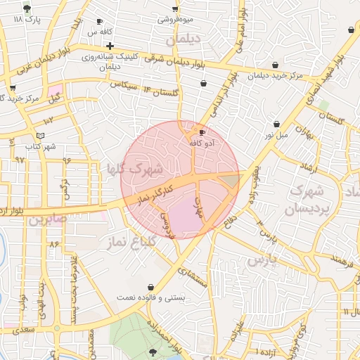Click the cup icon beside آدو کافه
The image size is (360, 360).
[x=202, y=132]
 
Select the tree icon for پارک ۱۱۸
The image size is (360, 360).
[x=27, y=8]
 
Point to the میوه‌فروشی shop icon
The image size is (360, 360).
[x=175, y=9]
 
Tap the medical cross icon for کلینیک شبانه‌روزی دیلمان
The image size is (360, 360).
[x=110, y=46]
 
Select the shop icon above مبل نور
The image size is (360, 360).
[x=276, y=124]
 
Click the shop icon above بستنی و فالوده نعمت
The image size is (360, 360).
[x=153, y=287]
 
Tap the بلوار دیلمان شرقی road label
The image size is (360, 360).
[x=176, y=61]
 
